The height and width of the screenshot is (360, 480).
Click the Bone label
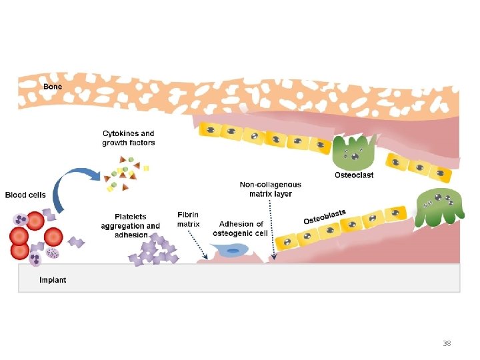[x=53, y=87]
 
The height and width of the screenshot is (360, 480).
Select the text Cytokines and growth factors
[x=129, y=138]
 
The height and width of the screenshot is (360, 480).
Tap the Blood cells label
[x=25, y=195]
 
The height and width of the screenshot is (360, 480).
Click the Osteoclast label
[x=354, y=175]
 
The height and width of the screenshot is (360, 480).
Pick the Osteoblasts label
[x=325, y=216]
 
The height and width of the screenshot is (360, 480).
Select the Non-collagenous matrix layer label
[x=270, y=189]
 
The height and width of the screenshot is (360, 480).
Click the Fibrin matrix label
[x=189, y=219]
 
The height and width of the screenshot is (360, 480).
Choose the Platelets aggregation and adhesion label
[x=131, y=225]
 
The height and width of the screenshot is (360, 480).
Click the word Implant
[x=53, y=280]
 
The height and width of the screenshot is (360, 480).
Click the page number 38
[x=447, y=343]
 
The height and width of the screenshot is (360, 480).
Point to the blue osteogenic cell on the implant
[x=233, y=251]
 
